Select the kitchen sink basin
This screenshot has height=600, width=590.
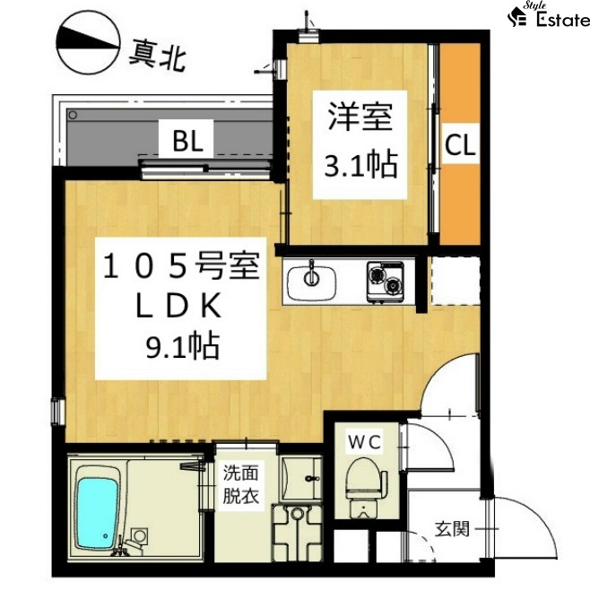tap(311, 283)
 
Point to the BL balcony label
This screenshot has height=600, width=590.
tap(187, 141)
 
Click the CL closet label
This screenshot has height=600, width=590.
tap(460, 144)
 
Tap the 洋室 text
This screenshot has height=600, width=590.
tap(360, 117)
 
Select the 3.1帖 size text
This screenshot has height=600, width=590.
tap(360, 164)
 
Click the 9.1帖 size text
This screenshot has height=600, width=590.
tap(183, 346)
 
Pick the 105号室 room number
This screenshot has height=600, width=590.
tap(181, 265)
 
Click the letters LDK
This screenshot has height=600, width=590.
tap(178, 305)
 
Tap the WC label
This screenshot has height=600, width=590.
tap(364, 442)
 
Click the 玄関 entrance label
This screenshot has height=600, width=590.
tap(452, 529)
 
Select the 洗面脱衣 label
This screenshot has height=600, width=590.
tap(241, 484)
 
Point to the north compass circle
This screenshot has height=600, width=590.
tap(89, 42)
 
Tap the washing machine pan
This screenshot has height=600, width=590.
tap(297, 533)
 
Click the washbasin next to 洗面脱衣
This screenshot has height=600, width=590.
tap(301, 478)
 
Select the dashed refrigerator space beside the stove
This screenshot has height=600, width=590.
tap(456, 282)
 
